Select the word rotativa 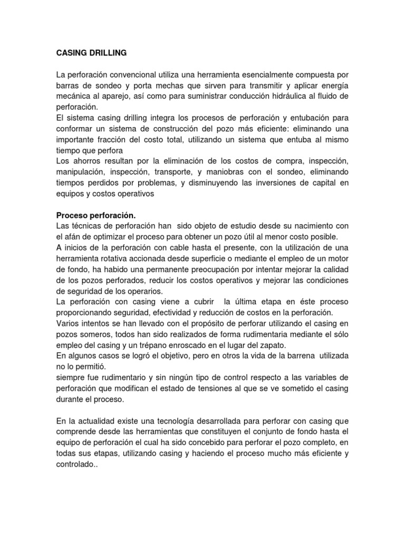click(117, 258)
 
